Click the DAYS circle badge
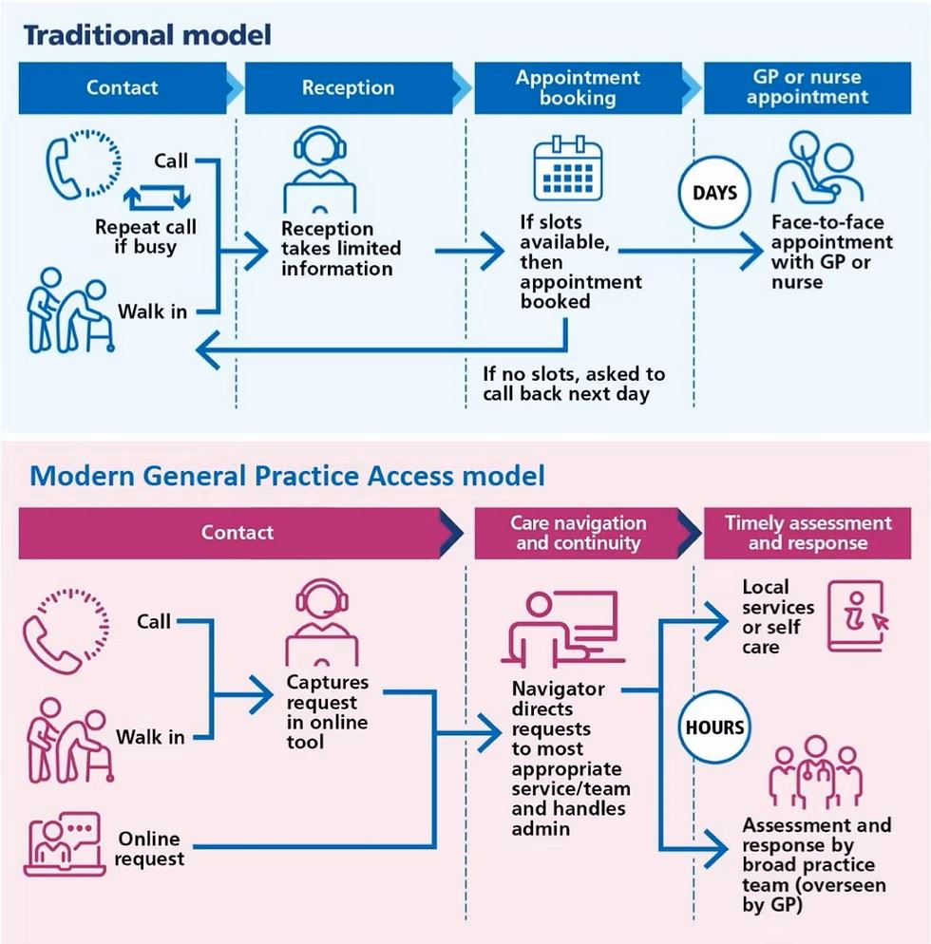(714, 193)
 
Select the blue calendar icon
(568, 170)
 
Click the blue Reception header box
(349, 88)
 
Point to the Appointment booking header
(578, 88)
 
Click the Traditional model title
(147, 35)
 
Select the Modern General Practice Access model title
(288, 475)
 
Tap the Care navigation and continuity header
(578, 534)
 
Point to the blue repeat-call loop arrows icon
(158, 198)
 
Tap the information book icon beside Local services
(856, 617)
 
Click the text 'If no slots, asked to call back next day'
(573, 384)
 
